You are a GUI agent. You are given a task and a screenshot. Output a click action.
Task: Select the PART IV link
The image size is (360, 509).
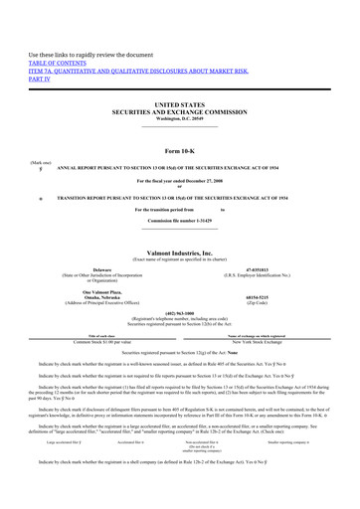point(41,82)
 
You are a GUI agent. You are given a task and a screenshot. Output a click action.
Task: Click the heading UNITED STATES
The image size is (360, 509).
point(179,104)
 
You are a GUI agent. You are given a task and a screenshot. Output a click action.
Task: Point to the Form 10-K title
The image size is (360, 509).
point(179,149)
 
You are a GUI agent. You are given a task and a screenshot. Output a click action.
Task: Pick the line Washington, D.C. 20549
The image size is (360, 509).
point(179,120)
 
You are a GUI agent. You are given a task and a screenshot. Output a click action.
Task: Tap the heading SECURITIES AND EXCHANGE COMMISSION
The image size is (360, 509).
point(179,112)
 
